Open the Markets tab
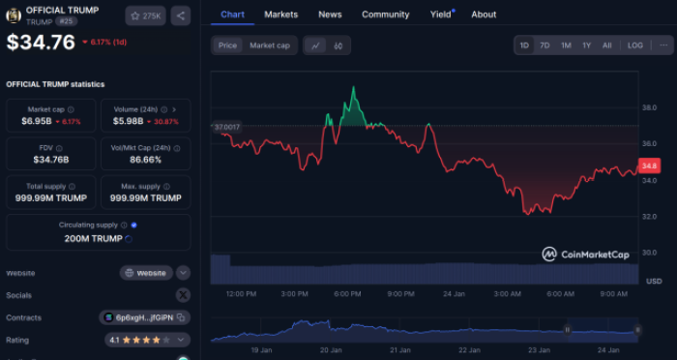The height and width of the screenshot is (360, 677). (281, 15)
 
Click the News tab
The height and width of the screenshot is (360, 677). (330, 15)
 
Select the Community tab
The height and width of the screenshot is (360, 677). (385, 15)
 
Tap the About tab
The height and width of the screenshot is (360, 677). (484, 15)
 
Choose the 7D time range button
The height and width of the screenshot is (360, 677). (545, 45)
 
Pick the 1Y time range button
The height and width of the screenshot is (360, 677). (586, 45)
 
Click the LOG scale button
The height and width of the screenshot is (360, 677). (634, 45)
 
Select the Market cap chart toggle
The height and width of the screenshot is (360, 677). (270, 45)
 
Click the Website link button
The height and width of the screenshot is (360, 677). (146, 273)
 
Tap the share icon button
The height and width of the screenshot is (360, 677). (182, 15)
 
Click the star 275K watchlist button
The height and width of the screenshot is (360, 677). (146, 15)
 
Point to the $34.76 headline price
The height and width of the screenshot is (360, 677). (41, 43)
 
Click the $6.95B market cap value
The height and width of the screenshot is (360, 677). (39, 122)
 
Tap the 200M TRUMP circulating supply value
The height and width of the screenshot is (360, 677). (93, 238)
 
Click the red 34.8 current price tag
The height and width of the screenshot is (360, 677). (649, 166)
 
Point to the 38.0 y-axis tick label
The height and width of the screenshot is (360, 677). (650, 107)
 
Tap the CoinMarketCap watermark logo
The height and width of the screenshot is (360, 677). (586, 255)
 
